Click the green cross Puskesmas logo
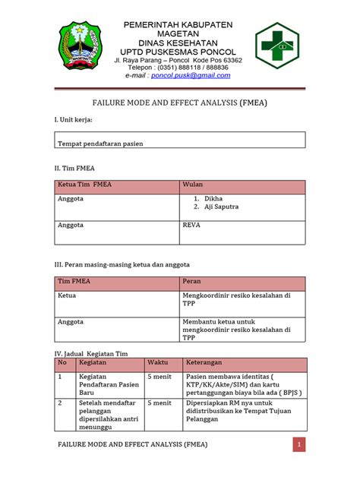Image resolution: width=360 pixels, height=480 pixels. coord(282,48)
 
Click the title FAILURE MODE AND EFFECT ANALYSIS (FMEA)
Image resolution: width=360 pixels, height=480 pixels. coord(179,100)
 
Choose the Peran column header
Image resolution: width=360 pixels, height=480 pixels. coord(191,281)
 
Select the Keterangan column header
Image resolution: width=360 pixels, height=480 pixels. coord(209,363)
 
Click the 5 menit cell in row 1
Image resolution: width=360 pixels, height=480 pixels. coord(159,376)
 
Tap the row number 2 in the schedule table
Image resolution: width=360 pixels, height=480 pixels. coord(60,403)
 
